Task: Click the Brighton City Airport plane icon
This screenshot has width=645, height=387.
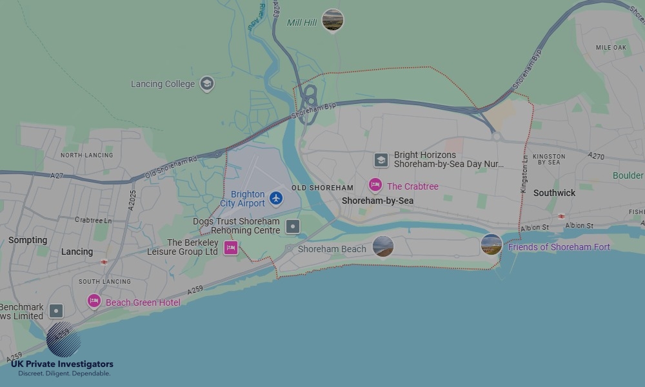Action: (276, 198)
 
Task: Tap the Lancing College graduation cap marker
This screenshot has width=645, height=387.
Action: (206, 83)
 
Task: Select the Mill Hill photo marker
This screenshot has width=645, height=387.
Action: (333, 20)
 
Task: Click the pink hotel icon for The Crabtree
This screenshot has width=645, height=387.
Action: (375, 186)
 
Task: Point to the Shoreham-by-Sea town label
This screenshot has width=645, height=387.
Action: (377, 201)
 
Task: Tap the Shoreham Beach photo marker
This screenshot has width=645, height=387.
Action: (383, 246)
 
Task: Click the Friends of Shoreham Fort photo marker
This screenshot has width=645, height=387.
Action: (491, 244)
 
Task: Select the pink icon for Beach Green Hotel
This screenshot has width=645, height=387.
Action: (94, 301)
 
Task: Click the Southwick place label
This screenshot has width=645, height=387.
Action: (554, 193)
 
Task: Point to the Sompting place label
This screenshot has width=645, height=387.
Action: (28, 240)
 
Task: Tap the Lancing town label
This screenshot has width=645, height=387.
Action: (77, 252)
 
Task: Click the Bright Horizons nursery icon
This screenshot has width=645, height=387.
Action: (381, 159)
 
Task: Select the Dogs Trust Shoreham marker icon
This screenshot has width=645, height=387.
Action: (293, 226)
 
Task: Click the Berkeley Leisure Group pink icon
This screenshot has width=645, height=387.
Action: (230, 247)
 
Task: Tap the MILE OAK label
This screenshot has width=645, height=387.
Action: (611, 48)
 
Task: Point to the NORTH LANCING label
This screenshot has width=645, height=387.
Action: (86, 155)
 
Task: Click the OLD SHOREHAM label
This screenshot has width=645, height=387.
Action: (322, 188)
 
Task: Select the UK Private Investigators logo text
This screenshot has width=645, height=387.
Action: (62, 364)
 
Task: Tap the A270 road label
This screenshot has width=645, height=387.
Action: (597, 156)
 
